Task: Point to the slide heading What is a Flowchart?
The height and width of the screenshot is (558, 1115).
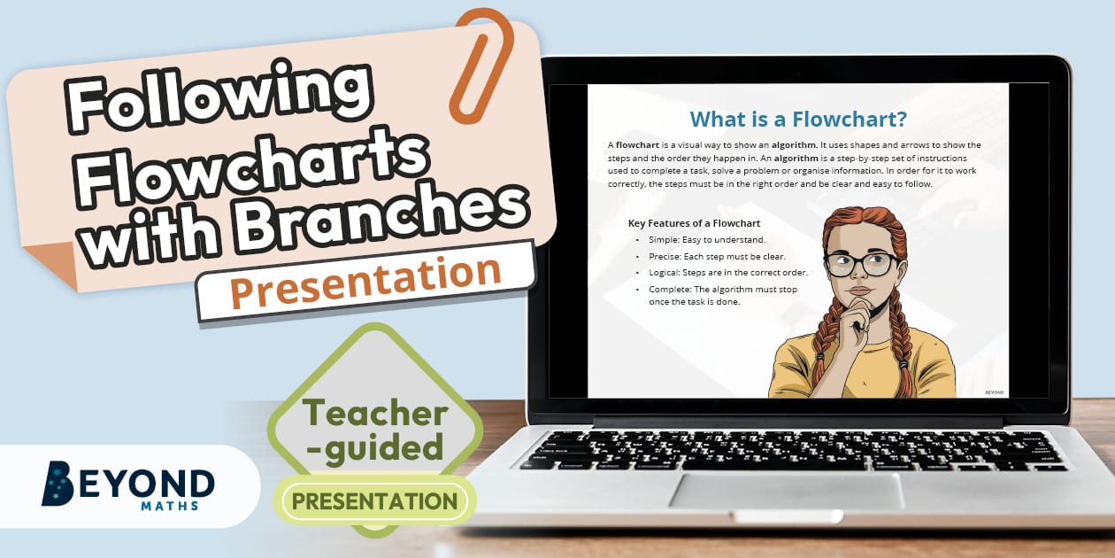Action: [798, 119]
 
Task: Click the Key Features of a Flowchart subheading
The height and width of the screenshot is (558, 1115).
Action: [694, 223]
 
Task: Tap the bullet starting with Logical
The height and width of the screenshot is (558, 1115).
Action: [721, 273]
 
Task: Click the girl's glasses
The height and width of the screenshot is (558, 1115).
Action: [860, 262]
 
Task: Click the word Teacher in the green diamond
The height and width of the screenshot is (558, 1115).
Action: [375, 413]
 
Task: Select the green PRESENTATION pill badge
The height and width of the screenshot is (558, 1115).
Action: [375, 502]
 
